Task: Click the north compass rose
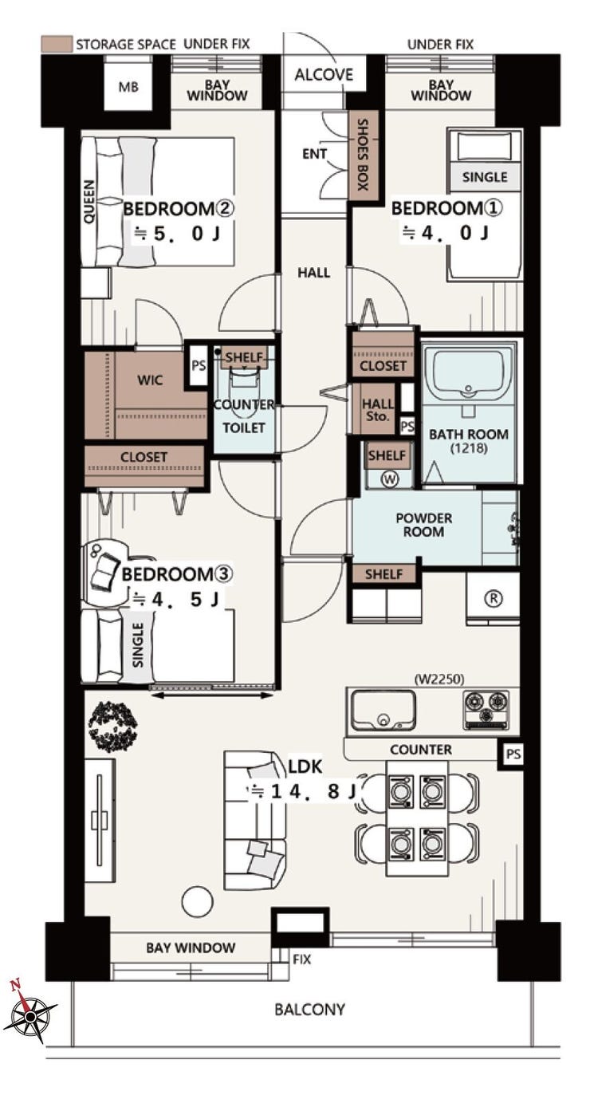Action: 30,1016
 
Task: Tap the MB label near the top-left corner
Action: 128,88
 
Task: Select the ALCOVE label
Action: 323,75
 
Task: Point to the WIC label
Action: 150,380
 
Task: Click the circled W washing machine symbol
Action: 390,479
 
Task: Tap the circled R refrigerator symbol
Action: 494,598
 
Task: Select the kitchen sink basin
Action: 383,709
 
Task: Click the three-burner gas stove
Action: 486,711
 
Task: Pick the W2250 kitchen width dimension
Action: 439,679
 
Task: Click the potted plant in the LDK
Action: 113,727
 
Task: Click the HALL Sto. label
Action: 377,410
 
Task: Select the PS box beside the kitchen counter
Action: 513,754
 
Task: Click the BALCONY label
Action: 309,1009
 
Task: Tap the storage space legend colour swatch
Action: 57,44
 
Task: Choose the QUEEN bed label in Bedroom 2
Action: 88,202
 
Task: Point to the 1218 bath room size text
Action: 468,447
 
